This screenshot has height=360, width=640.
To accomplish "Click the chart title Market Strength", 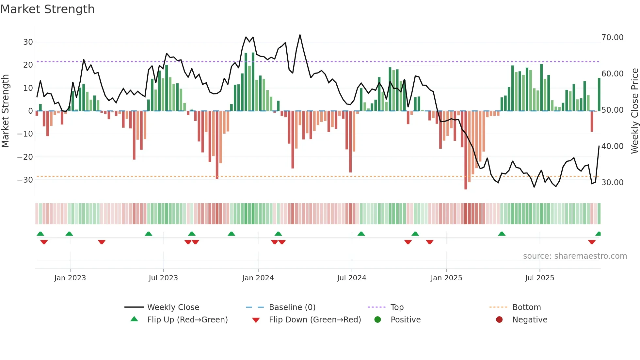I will click(x=48, y=9).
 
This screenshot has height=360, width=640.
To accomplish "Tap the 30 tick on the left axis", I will click(x=28, y=42).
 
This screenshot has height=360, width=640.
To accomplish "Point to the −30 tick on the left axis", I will click(x=25, y=180).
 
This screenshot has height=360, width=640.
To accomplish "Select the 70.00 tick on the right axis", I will click(x=612, y=38).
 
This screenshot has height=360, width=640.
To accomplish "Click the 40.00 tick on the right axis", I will click(x=612, y=146).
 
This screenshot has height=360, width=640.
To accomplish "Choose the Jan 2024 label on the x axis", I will click(x=258, y=278).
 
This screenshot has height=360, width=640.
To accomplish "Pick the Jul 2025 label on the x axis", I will click(x=539, y=278).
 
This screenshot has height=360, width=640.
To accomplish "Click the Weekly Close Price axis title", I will click(x=634, y=111).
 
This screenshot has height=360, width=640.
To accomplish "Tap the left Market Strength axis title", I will click(x=6, y=111).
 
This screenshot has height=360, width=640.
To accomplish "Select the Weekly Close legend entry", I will click(x=173, y=307).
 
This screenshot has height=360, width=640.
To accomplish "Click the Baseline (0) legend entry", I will click(x=292, y=307).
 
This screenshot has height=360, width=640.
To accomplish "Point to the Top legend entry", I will click(x=397, y=307).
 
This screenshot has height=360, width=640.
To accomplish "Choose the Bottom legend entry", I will click(x=526, y=307).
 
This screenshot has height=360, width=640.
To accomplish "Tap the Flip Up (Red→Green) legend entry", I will click(x=187, y=320).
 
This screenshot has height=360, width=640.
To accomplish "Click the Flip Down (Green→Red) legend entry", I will click(x=315, y=320).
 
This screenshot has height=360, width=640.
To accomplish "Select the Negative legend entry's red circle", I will click(x=499, y=320).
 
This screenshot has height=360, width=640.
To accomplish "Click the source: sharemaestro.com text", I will click(x=575, y=256).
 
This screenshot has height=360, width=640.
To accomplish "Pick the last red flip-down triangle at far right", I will click(x=592, y=242).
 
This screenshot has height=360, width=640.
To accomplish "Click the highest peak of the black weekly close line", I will click(x=300, y=35).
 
